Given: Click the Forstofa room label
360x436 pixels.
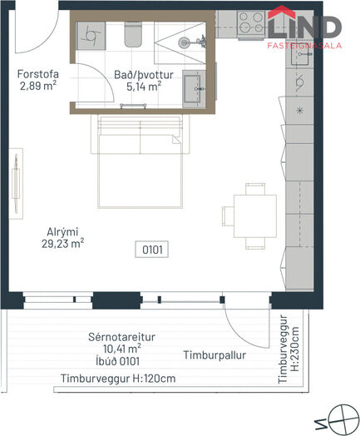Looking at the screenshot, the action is point(38,74).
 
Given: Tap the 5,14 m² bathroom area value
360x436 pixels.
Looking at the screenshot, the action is point(144,87).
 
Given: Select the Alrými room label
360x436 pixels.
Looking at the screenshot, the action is point(62,232).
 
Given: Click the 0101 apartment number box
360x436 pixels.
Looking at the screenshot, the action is point(152,250).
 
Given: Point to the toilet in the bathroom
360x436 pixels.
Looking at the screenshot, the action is point(134,34).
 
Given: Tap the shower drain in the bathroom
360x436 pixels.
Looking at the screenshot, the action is point(184,42).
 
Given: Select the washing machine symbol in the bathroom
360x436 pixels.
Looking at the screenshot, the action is point(91,36).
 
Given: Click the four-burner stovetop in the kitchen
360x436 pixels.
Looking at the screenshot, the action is point(251,22).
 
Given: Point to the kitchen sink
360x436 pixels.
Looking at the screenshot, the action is point(299,57).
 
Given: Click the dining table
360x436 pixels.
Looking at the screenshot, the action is point(255,216).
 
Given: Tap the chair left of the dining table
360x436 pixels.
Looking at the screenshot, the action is point(228,216).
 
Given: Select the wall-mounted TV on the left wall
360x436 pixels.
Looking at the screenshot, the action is point(16,184).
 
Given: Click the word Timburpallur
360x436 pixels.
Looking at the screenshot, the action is point(215,355).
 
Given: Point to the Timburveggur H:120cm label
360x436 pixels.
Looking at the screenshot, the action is point(118,379).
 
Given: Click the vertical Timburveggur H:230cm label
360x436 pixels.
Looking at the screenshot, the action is point(288,349).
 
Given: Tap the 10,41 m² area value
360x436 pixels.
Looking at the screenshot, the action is point(122,349).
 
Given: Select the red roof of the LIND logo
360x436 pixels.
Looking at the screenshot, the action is point(282,12).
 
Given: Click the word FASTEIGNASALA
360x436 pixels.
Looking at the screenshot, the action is point(304,46).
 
